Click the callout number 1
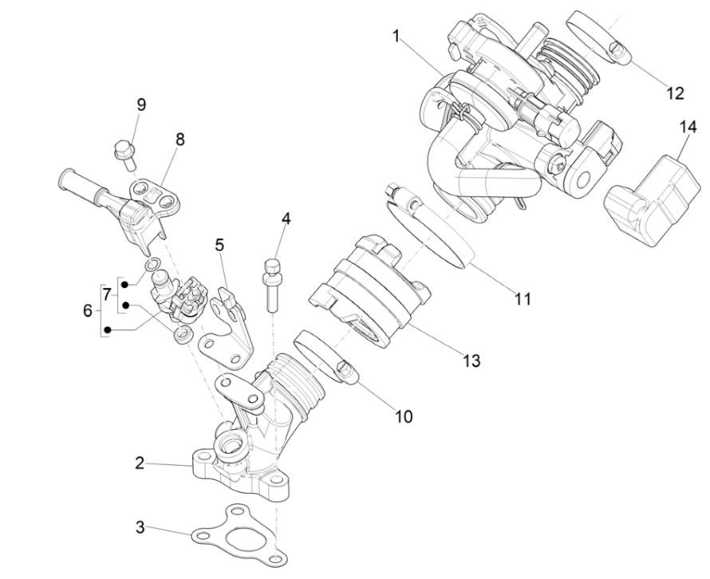click(x=396, y=36)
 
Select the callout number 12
click(x=674, y=93)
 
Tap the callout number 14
click(x=688, y=127)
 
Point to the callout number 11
click(x=523, y=299)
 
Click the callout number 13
click(x=471, y=361)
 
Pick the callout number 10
click(x=404, y=416)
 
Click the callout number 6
click(x=88, y=310)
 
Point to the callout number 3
click(x=140, y=527)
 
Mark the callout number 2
click(x=140, y=463)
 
